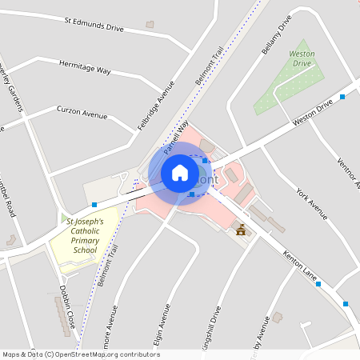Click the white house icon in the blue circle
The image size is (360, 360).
point(179,172)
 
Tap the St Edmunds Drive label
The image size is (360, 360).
point(94,23)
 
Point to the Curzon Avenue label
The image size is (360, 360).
point(82,113)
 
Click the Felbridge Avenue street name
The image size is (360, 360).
point(155,105)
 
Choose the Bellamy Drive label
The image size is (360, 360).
point(274,34)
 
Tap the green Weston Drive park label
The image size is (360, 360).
point(302,58)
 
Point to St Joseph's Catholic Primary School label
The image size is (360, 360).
point(84,235)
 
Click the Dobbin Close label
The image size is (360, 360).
point(66,306)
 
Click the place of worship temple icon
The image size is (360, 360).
point(241,230)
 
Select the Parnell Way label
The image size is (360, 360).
point(176,138)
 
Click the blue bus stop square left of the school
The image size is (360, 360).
point(94,205)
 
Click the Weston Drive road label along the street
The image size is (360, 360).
point(312,112)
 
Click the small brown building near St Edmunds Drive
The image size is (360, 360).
point(150,25)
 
